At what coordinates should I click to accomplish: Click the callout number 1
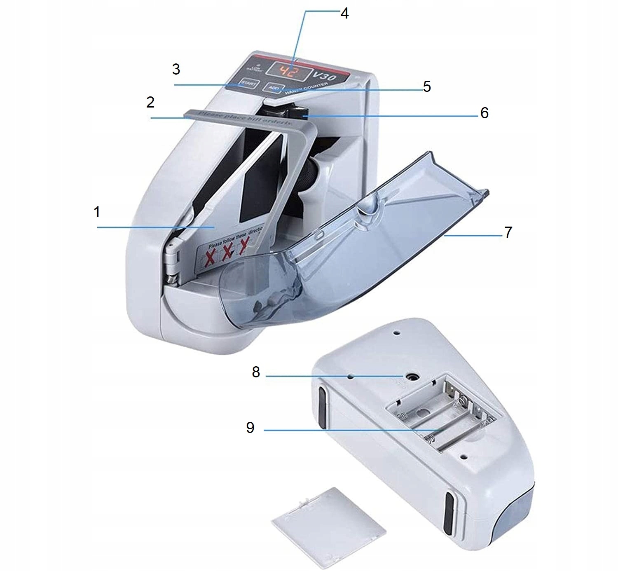97,212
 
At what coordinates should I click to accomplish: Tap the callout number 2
150,102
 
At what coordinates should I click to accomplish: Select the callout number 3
176,69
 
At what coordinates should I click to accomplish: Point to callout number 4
344,14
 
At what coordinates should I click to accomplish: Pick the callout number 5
426,87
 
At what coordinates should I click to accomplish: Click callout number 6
484,113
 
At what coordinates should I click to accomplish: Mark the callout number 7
508,232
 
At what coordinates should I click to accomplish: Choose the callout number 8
256,372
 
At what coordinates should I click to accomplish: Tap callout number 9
250,428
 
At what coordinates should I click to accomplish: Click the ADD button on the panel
274,88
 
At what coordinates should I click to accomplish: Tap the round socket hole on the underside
410,376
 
